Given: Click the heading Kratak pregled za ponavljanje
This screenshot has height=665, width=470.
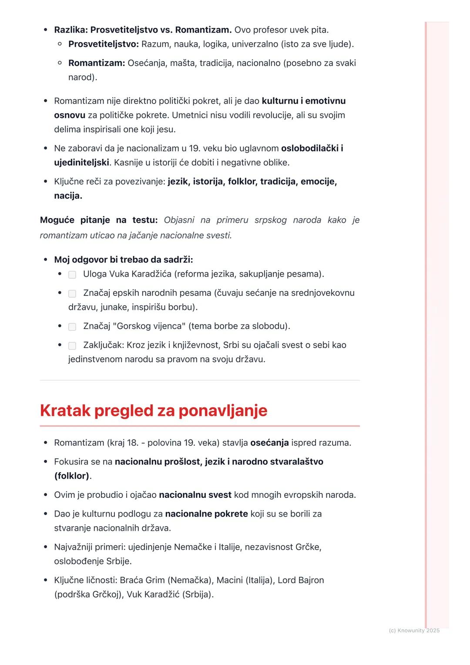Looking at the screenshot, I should (x=153, y=410).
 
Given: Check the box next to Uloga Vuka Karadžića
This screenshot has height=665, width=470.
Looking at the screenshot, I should (x=72, y=275).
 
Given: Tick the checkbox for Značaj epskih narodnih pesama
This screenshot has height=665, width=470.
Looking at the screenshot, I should (x=72, y=294).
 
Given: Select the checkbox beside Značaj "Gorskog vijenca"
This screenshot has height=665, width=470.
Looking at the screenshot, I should (x=72, y=327).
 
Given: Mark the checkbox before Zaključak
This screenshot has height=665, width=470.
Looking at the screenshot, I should (x=72, y=346).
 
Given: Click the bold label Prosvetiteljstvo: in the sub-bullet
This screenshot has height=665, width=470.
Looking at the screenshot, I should (x=104, y=44).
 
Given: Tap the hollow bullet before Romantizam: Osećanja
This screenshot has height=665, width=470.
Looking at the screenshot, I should (x=60, y=63).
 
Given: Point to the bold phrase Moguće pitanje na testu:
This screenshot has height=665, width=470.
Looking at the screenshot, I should (x=99, y=220).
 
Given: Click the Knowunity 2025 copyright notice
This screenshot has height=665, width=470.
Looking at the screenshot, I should (x=414, y=630).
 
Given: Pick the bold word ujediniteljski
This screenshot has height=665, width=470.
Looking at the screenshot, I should (x=81, y=162).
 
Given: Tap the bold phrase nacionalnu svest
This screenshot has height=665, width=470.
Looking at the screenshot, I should (x=195, y=495).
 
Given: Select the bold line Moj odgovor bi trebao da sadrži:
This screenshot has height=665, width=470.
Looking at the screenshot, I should (x=123, y=260).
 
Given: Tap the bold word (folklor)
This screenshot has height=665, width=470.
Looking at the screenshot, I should (x=72, y=476).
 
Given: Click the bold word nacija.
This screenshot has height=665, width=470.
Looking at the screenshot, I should (x=68, y=195).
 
